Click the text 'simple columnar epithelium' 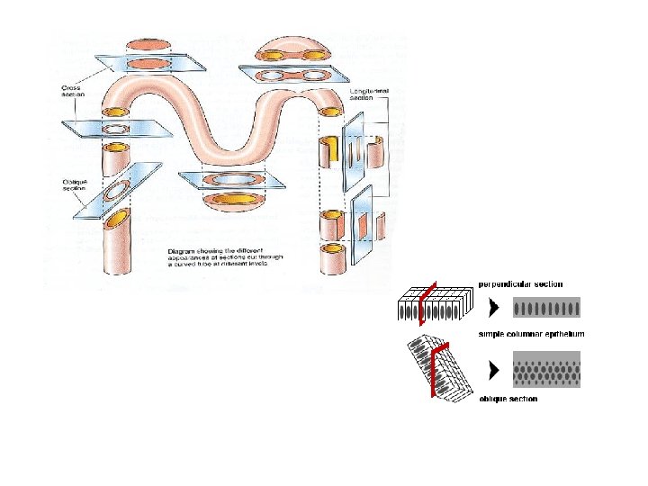pos(531,335)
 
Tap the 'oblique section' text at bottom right pos(508,399)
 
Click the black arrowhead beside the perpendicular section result pos(492,309)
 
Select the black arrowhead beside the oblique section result pos(492,368)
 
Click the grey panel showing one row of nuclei pos(546,310)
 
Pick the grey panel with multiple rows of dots pos(546,369)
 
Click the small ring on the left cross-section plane pos(116,130)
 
